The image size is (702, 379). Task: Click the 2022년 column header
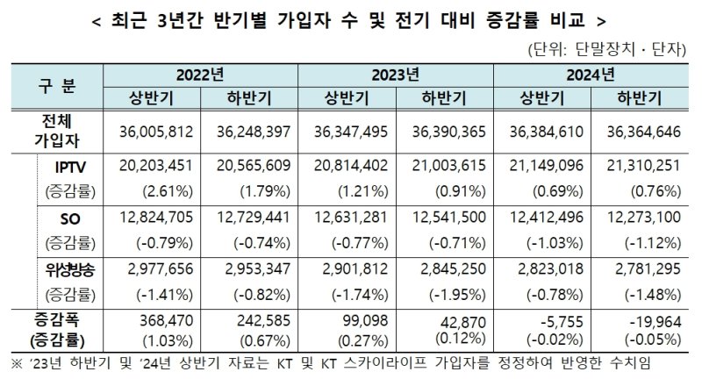point(200,74)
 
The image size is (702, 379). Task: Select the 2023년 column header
point(396,74)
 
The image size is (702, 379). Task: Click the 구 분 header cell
point(58,86)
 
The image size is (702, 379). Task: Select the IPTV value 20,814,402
point(347,166)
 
